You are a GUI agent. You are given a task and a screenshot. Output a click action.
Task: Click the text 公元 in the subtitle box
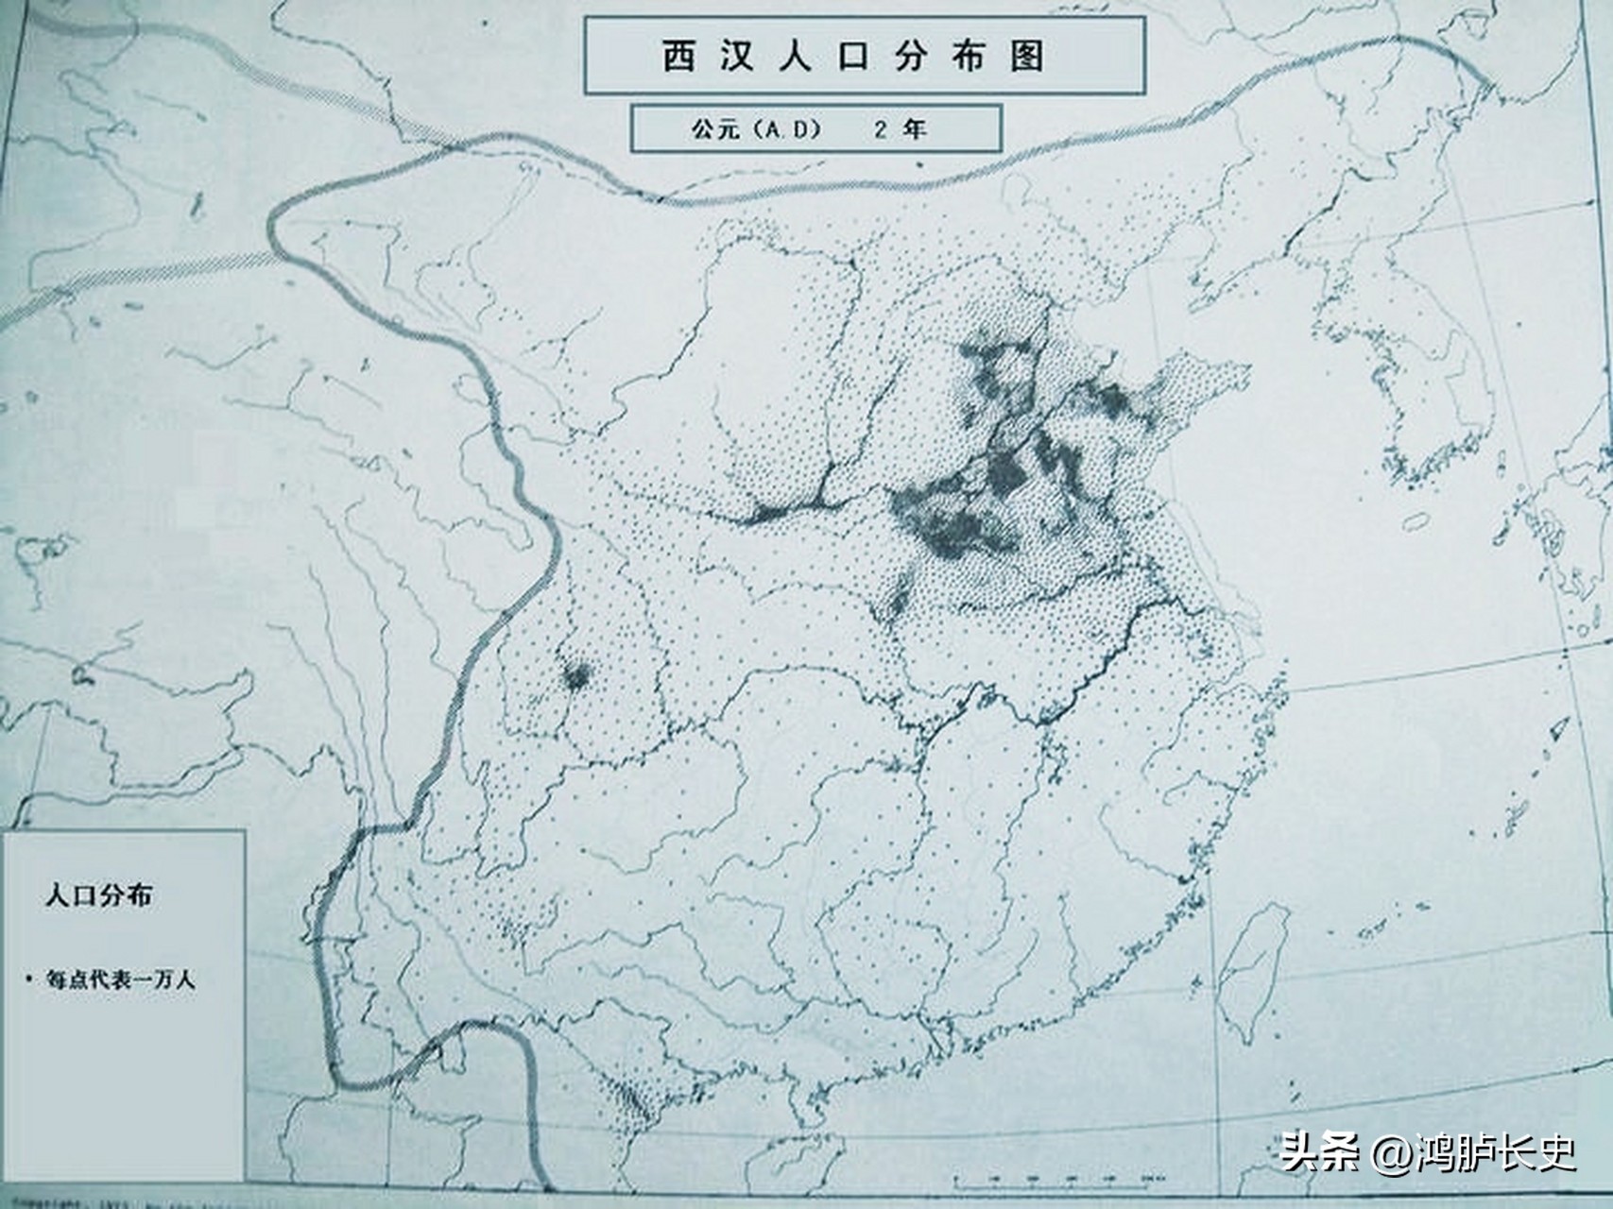coord(716,130)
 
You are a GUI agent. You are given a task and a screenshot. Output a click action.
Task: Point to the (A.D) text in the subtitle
coord(784,130)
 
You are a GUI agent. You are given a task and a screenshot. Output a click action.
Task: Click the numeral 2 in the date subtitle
coord(881,130)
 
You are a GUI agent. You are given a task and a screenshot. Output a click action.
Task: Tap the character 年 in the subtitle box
coord(915,130)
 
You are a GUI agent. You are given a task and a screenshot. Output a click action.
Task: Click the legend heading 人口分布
coord(98,896)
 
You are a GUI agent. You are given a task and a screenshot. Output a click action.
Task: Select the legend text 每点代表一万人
coord(121,979)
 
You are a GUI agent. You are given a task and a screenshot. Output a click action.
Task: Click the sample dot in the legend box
coord(29,977)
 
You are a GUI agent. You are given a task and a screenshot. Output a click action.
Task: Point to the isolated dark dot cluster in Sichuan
coord(575,674)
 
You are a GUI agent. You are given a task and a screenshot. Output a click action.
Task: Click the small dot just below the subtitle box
coord(918,163)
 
